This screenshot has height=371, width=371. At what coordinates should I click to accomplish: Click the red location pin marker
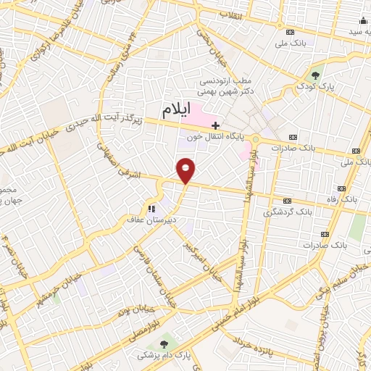tap(186, 170)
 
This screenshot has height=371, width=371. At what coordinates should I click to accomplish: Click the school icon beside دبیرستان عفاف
tap(151, 209)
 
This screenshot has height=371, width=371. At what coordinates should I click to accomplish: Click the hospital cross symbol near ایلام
tap(214, 125)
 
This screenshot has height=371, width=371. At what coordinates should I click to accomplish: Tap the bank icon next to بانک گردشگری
tap(287, 201)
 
